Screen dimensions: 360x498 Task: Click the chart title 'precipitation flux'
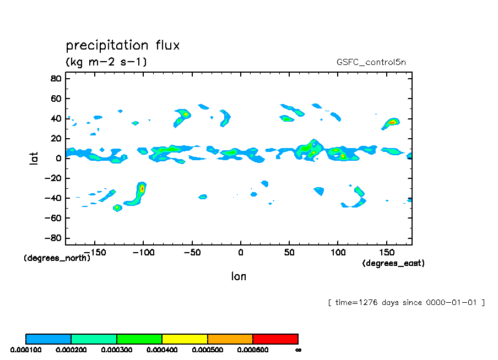coord(123,45)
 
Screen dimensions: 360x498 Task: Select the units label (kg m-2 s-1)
coord(106,62)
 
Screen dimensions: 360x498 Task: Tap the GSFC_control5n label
coord(371,62)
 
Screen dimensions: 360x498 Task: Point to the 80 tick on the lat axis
coord(55,78)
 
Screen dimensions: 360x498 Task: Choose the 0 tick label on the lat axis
coord(58,159)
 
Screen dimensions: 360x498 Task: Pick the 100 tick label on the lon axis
coord(338,253)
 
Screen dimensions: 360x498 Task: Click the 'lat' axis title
coord(34,159)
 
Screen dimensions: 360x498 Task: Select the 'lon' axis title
coord(239,276)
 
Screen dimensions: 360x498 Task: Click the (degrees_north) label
coord(57,258)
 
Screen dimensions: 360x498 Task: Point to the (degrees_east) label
coord(393,263)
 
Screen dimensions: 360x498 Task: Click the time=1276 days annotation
coord(406,302)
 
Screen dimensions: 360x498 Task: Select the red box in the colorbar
coord(275,339)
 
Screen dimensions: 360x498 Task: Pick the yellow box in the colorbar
coord(185,339)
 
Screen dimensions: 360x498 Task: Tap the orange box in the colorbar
coord(230,339)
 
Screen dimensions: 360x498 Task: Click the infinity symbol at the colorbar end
coord(298,350)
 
